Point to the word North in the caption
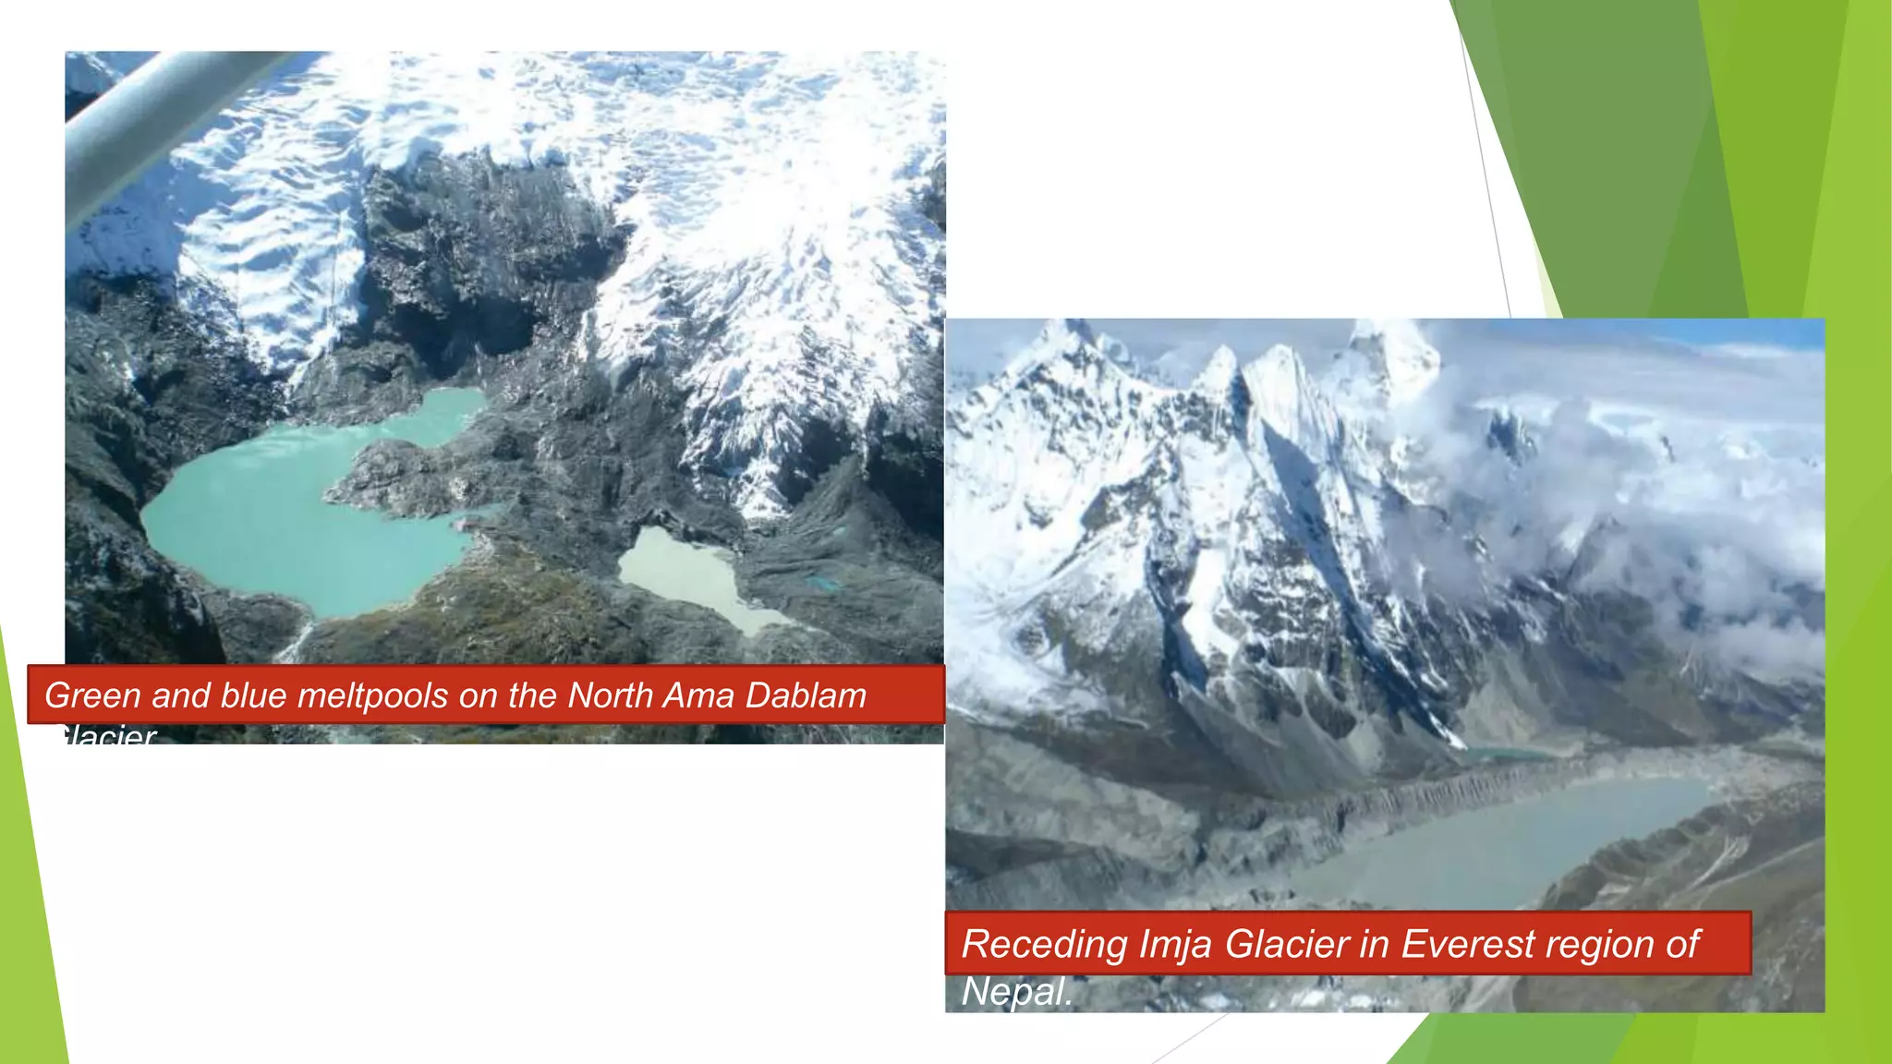pos(610,695)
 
